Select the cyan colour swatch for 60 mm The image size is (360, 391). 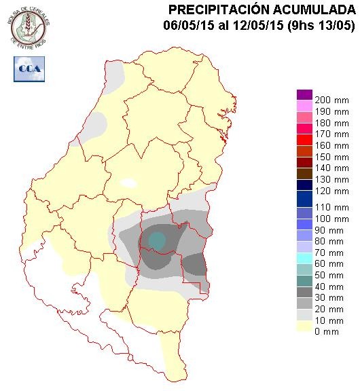(x=304, y=258)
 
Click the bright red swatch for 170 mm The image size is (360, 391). (x=304, y=140)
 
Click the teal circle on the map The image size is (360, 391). (x=157, y=240)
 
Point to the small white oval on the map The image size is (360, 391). (x=128, y=183)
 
